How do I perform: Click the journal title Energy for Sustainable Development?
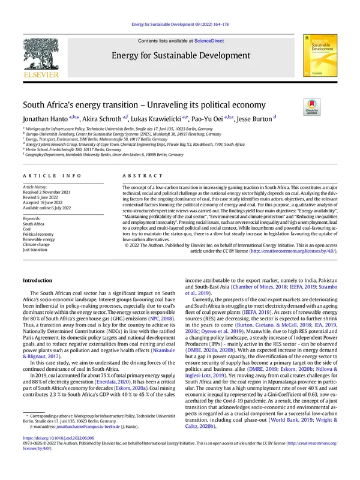(179, 56)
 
